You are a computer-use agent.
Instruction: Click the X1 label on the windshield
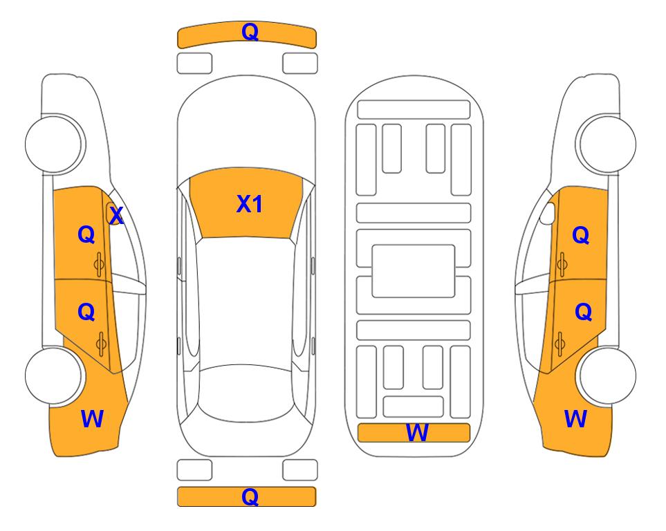click(x=250, y=204)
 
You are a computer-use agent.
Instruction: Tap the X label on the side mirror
click(x=116, y=216)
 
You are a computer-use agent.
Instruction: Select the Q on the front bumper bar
click(x=250, y=32)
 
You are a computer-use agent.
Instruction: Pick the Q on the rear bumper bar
click(x=250, y=496)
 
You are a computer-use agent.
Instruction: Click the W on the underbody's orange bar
click(x=416, y=433)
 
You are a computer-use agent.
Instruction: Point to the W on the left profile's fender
click(x=92, y=419)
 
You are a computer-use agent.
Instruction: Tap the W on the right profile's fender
click(x=575, y=419)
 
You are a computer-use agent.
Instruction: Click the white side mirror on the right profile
click(x=548, y=214)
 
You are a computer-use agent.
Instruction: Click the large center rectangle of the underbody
click(x=414, y=271)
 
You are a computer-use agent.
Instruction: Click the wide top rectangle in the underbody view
click(x=414, y=110)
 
